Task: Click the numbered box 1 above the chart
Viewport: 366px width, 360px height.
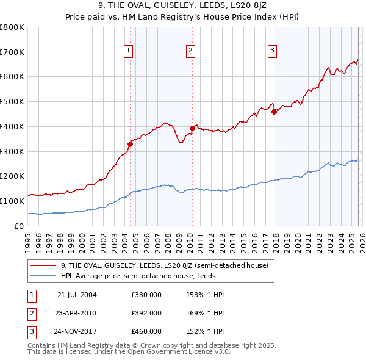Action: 129,51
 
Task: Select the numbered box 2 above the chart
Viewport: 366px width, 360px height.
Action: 191,51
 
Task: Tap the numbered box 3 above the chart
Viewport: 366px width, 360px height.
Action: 272,51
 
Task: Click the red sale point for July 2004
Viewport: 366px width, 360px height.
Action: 130,144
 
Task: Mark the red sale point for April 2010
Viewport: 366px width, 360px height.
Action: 192,128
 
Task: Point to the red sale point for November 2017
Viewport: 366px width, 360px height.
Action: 274,111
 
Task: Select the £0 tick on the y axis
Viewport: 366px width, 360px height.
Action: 20,226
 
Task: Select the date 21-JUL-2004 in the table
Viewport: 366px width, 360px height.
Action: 77,295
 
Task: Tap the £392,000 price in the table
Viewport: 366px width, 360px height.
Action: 146,313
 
